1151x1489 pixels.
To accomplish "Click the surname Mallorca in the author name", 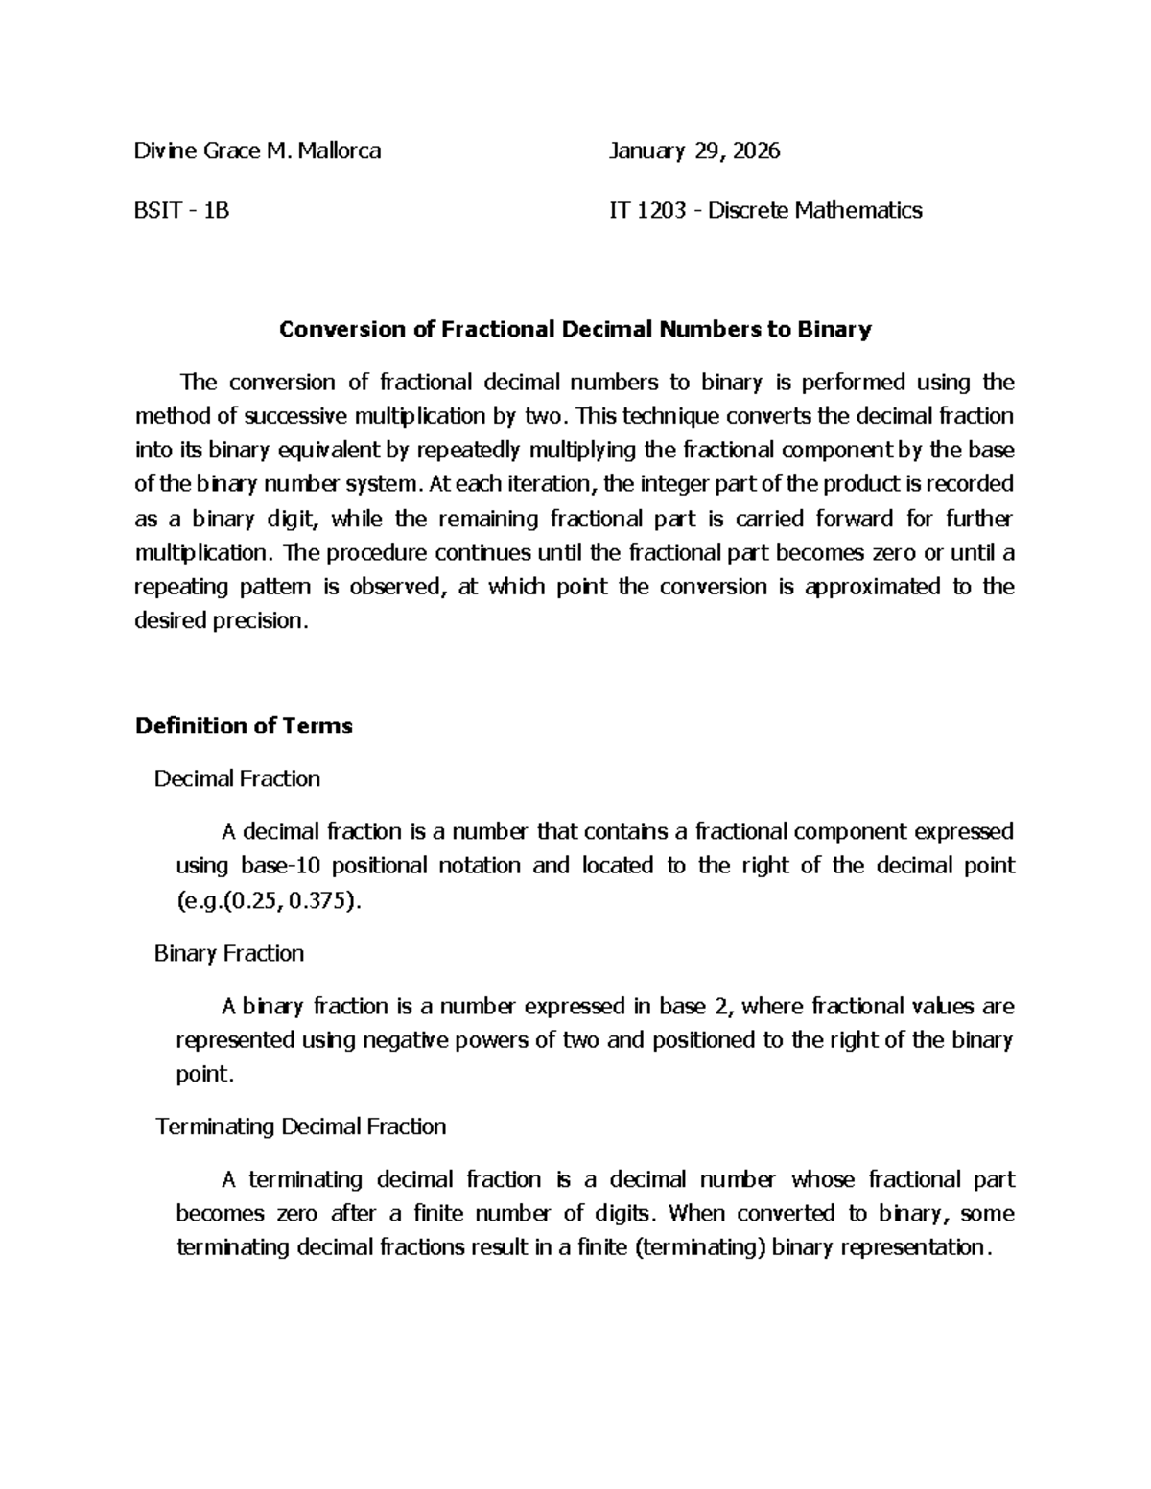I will point(340,151).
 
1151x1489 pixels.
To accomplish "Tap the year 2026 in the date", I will point(757,151).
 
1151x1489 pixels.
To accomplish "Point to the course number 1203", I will point(662,210).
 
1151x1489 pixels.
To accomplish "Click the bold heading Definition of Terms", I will point(244,726).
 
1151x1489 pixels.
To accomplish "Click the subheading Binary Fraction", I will point(229,953).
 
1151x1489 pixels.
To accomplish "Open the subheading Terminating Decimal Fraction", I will point(300,1127).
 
